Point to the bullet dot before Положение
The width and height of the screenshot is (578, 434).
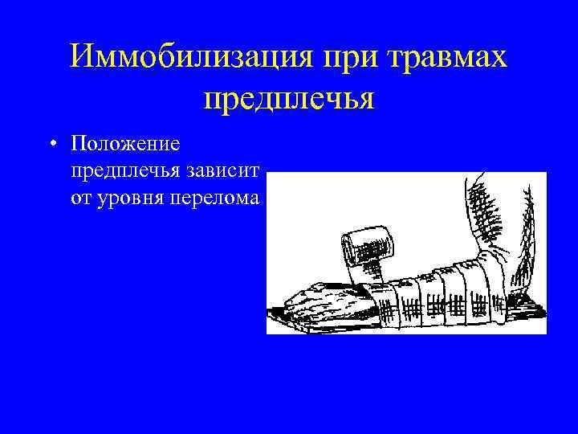(x=52, y=145)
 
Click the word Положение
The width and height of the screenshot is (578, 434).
(x=125, y=144)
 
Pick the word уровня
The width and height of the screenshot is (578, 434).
(x=129, y=198)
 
